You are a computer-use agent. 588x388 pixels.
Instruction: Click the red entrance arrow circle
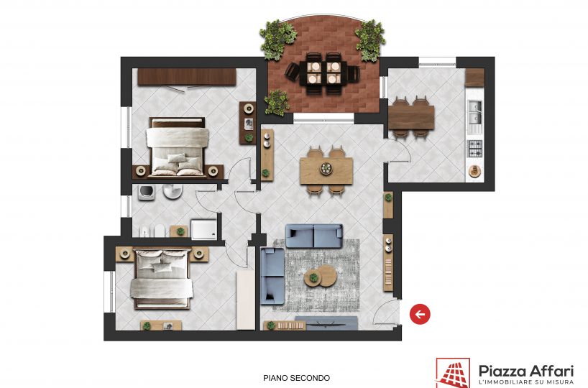[x=420, y=314]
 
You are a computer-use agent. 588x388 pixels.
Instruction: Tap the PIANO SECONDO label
[x=297, y=378]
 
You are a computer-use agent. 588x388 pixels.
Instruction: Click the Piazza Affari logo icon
[x=453, y=373]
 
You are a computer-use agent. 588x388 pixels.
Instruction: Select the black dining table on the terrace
[x=323, y=73]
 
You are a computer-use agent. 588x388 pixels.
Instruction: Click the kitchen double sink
[x=474, y=112]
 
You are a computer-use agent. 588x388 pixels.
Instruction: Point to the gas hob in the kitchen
[x=474, y=149]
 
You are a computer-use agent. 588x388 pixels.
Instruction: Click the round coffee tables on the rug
[x=321, y=276]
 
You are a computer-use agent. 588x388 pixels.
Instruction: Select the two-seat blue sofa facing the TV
[x=314, y=236]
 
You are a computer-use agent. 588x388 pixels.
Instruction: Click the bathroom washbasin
[x=173, y=191]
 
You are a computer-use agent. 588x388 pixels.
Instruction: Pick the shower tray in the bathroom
[x=203, y=229]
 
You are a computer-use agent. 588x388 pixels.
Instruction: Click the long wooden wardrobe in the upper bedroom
[x=187, y=77]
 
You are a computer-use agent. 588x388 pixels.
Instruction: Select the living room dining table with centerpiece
[x=326, y=170]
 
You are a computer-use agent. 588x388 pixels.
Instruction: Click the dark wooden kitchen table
[x=411, y=117]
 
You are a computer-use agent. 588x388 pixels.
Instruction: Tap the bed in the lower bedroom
[x=162, y=279]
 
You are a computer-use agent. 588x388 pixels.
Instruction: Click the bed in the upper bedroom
[x=178, y=147]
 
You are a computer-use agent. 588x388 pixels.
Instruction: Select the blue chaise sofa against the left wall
[x=272, y=275]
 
